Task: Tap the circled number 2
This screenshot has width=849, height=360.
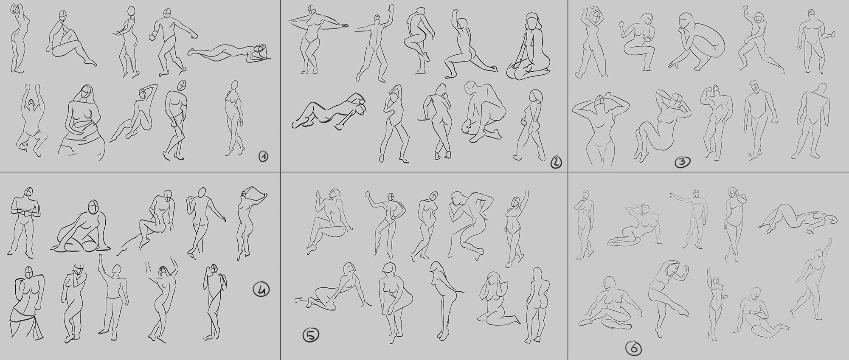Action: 556,162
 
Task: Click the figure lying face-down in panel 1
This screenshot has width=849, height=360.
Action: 229,53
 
